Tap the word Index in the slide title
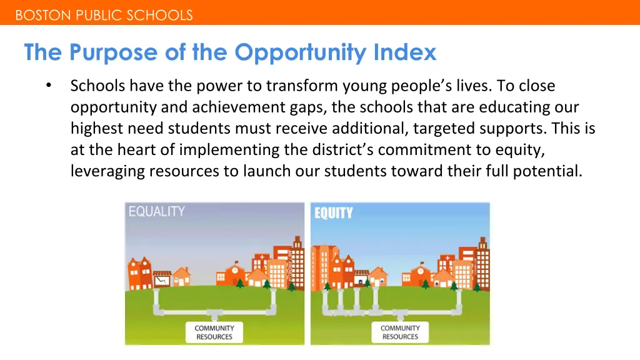[404, 52]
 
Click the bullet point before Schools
[49, 86]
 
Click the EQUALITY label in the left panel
[156, 211]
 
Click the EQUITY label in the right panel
[333, 213]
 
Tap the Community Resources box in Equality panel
[214, 332]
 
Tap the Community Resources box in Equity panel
[400, 332]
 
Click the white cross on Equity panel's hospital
[447, 257]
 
